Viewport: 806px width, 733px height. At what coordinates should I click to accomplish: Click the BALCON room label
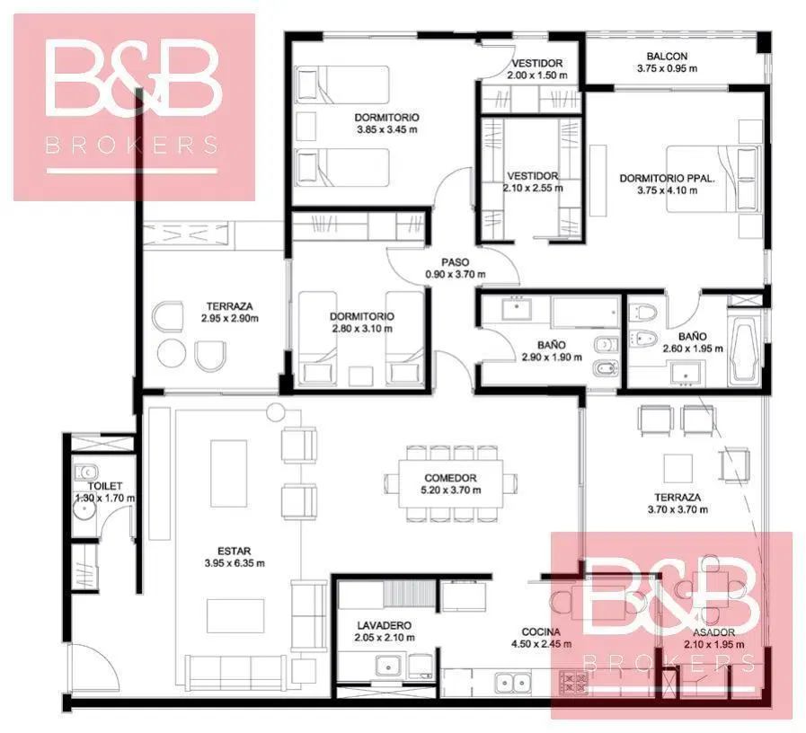[x=667, y=56]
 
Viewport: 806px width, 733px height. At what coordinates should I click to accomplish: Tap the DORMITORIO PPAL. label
[x=667, y=179]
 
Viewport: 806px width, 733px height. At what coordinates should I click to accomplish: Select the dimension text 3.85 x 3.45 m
[x=387, y=129]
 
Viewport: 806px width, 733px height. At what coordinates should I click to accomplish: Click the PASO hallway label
[x=455, y=262]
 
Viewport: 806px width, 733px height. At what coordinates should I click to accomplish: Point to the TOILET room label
[x=105, y=486]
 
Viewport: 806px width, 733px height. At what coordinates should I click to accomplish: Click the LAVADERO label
[x=384, y=625]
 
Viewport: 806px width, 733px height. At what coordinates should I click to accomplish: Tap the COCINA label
[x=541, y=631]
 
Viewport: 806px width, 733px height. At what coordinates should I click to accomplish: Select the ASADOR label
[x=713, y=632]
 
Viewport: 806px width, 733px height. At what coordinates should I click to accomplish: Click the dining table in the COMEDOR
[x=451, y=483]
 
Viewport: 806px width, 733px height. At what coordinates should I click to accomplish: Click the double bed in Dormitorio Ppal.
[x=713, y=179]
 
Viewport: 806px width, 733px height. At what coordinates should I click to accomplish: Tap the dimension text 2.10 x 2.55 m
[x=533, y=188]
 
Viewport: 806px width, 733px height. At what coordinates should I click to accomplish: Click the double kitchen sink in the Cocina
[x=513, y=683]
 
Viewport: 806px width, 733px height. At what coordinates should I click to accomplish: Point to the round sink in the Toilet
[x=83, y=510]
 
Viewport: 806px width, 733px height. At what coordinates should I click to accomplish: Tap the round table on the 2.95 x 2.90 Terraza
[x=172, y=353]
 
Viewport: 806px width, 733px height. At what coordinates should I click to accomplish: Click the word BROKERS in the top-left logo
[x=131, y=145]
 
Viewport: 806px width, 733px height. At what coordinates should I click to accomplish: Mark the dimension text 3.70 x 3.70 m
[x=678, y=510]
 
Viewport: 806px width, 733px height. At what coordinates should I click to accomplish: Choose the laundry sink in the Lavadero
[x=389, y=667]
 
